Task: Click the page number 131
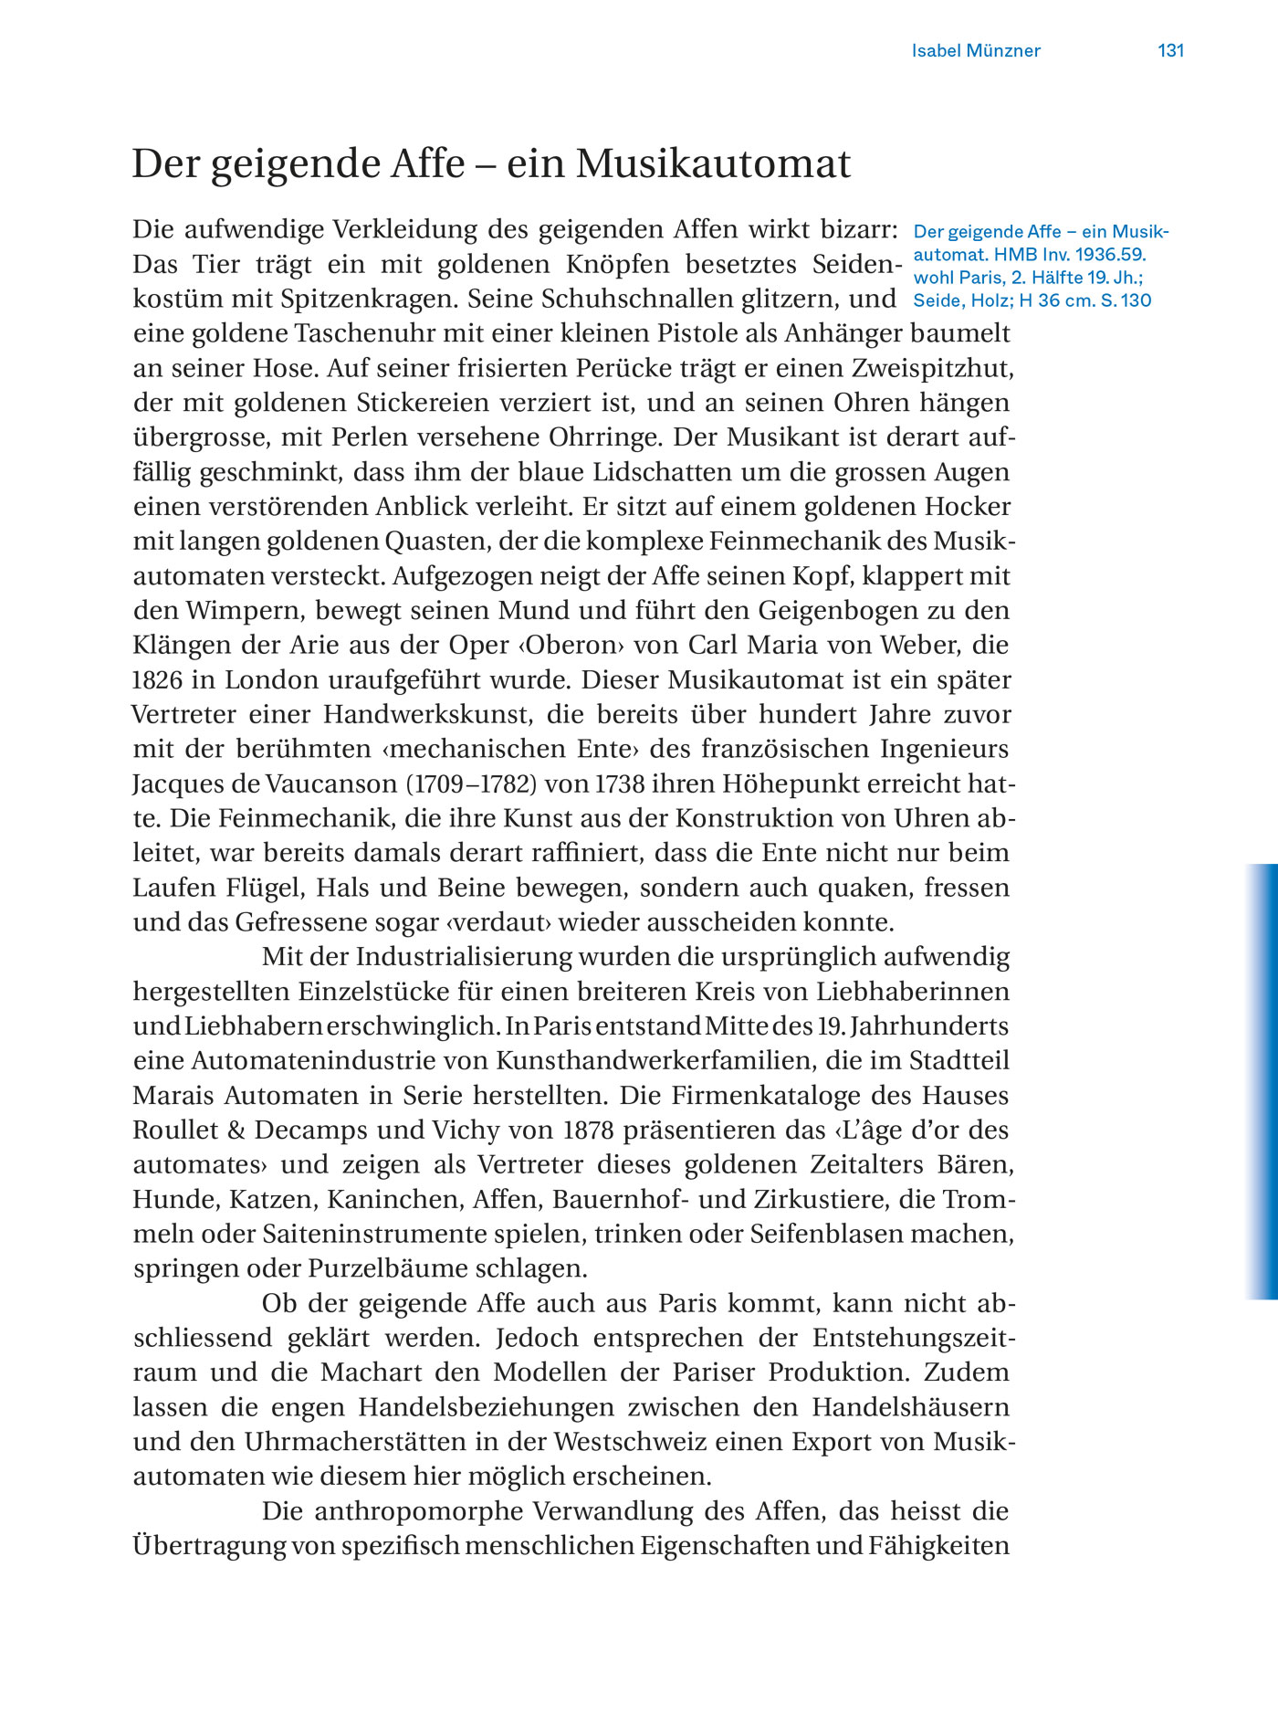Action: tap(1170, 51)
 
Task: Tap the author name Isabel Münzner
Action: tap(976, 51)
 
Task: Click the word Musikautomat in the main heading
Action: tap(713, 164)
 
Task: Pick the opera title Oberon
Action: tap(574, 646)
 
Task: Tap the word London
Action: tap(272, 680)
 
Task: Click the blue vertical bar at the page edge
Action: tap(1262, 1081)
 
